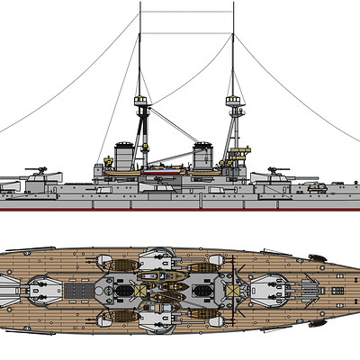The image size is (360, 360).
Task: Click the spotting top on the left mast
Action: pyautogui.click(x=142, y=102)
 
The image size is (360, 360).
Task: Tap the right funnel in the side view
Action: pyautogui.click(x=203, y=153)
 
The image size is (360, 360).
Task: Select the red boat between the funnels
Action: pyautogui.click(x=165, y=164)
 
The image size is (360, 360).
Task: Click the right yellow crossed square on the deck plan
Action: pyautogui.click(x=232, y=290)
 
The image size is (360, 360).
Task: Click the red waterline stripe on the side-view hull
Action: pyautogui.click(x=180, y=209)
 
